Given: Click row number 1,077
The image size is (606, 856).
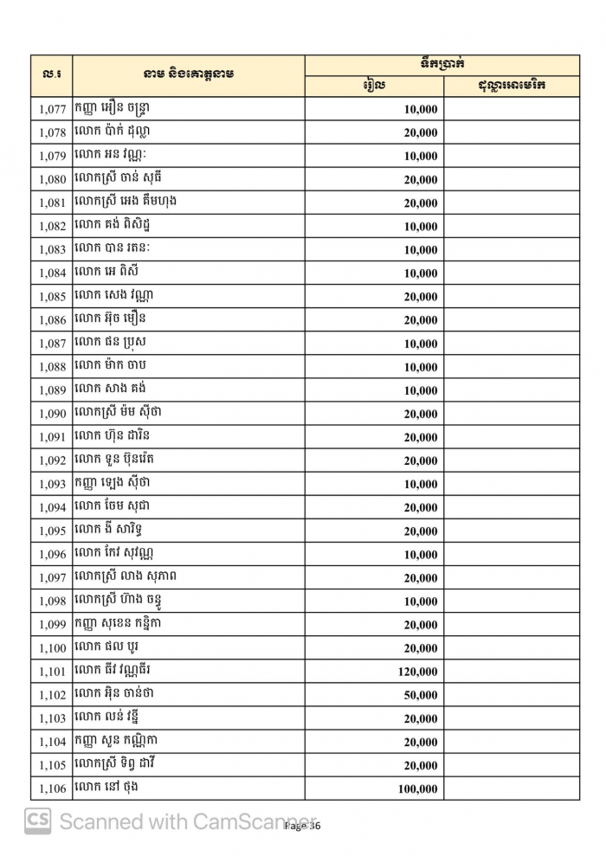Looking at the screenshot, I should (x=53, y=110).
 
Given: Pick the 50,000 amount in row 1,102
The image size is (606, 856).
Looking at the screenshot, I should (x=420, y=695).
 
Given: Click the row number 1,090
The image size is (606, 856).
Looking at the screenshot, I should (x=53, y=415).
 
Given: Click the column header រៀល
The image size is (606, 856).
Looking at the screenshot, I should (x=374, y=86).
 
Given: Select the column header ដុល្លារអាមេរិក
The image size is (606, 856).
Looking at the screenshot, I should (x=512, y=86).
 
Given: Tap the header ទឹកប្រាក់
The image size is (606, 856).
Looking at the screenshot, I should (x=442, y=65).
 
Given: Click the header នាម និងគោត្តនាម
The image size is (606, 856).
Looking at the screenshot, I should (x=189, y=75).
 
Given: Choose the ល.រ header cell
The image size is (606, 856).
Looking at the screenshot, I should (x=52, y=75).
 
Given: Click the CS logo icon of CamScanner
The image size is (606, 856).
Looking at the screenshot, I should (x=37, y=821).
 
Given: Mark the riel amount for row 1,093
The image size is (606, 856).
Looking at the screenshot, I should (x=420, y=485).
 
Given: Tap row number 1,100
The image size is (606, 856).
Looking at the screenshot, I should (x=53, y=648).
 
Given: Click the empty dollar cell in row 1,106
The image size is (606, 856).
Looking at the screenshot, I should (x=512, y=788).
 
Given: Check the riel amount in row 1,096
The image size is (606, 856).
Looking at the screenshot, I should (x=420, y=555).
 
